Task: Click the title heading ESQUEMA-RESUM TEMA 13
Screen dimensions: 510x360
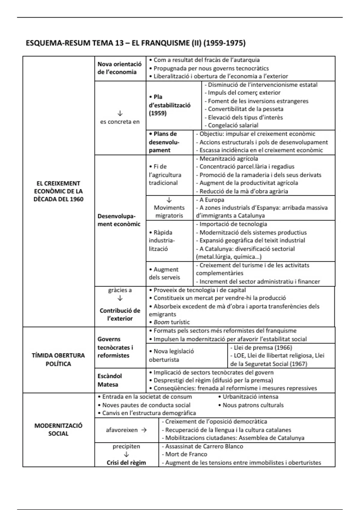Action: coord(135,43)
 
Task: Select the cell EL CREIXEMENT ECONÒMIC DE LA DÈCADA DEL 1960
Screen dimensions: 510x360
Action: coord(58,191)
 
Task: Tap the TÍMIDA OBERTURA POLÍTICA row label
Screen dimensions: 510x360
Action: coord(58,359)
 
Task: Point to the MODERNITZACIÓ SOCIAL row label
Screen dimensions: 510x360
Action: coord(58,429)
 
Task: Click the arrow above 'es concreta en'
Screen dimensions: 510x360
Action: coord(120,113)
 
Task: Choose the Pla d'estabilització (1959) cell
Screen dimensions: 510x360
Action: coord(169,105)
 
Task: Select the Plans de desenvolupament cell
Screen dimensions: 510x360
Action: coord(164,142)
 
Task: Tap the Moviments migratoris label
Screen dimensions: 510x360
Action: coord(169,211)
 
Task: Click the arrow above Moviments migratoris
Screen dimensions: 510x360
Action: coord(169,200)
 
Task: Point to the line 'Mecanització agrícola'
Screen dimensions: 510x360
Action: coord(227,158)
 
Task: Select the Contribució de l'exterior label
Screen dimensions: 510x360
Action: coord(120,314)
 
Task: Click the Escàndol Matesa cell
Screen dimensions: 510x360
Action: coord(110,380)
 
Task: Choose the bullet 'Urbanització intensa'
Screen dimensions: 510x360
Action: coord(250,397)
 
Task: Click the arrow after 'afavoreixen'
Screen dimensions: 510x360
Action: coord(144,430)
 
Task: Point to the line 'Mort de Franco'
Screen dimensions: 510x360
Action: coord(186,454)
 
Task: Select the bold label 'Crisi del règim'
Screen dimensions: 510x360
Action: coord(126,463)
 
